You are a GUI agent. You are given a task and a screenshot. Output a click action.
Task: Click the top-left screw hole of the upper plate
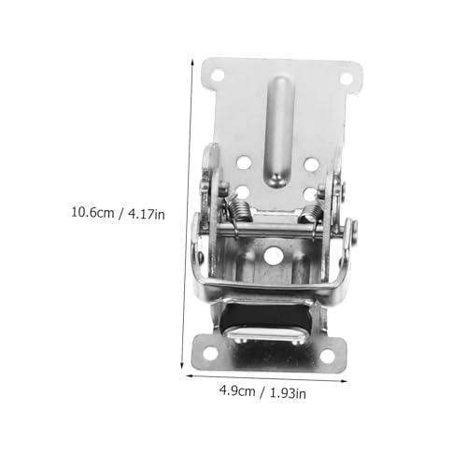pyautogui.click(x=218, y=75)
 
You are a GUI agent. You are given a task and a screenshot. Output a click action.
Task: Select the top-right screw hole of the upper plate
pyautogui.click(x=346, y=78)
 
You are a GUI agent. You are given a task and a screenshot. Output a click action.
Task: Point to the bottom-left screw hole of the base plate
pyautogui.click(x=211, y=353)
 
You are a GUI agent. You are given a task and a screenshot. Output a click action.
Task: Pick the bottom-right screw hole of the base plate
pyautogui.click(x=327, y=356)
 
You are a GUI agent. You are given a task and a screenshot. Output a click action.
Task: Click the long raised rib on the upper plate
pyautogui.click(x=279, y=132)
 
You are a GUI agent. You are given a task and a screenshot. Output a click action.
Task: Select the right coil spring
pyautogui.click(x=311, y=213)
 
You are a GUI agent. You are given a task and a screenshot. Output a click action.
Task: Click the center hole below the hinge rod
pyautogui.click(x=274, y=256)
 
